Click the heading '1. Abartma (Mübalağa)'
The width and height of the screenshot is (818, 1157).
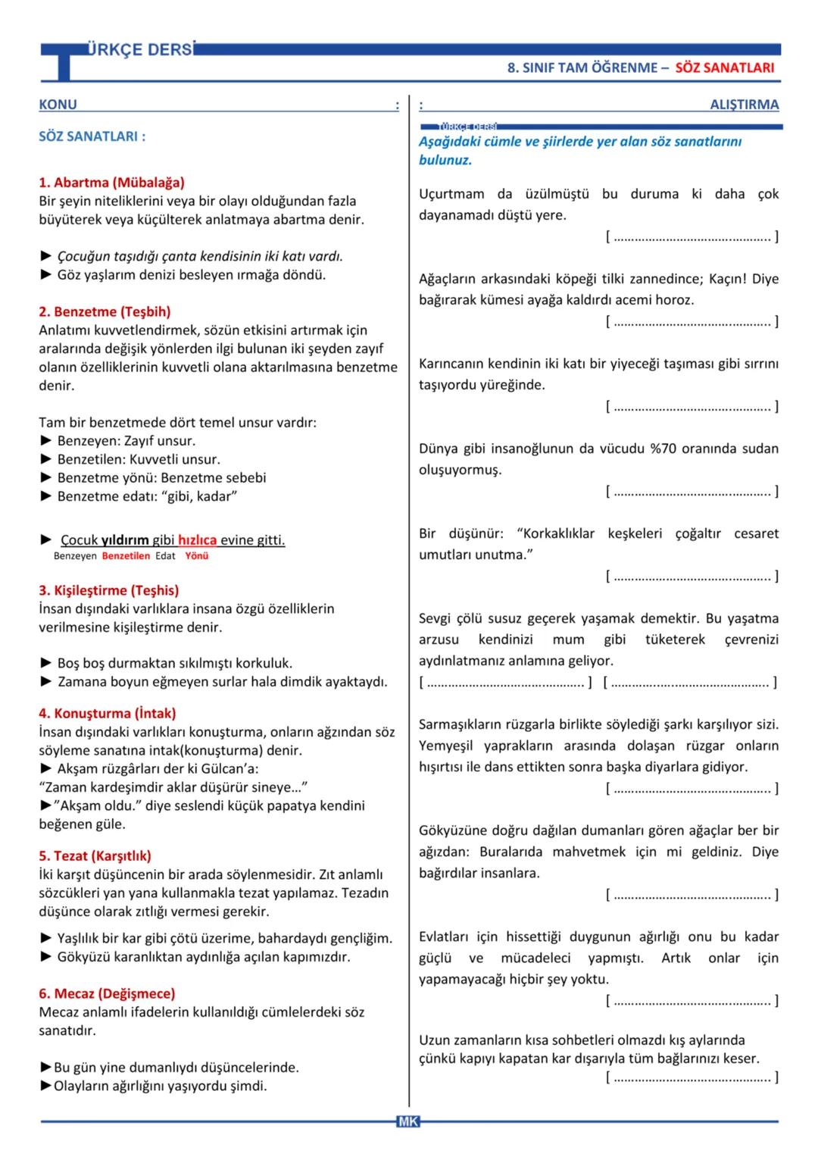(111, 183)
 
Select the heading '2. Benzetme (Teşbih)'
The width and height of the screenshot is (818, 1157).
(105, 311)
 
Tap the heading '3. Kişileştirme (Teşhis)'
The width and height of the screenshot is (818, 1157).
(108, 590)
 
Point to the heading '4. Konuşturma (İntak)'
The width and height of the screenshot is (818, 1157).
(107, 713)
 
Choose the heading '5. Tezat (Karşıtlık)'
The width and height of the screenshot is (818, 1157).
(95, 855)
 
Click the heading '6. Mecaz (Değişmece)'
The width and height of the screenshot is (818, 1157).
(106, 993)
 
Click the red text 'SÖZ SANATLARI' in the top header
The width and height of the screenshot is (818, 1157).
(724, 67)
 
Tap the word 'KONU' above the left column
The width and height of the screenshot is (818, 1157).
(58, 105)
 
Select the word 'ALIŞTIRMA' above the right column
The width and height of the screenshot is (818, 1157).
(744, 105)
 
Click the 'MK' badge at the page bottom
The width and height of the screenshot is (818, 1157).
(407, 1121)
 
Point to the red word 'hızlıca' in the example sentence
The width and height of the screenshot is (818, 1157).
(197, 540)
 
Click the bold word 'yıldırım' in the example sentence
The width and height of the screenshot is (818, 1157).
(125, 540)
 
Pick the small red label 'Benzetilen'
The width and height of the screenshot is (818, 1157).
(126, 556)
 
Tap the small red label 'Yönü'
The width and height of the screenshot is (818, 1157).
(196, 556)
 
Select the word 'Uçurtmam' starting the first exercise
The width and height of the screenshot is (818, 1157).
(451, 194)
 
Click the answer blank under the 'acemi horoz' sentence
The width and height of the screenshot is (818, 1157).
(692, 322)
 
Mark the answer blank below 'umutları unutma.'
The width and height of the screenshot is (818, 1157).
(692, 577)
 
